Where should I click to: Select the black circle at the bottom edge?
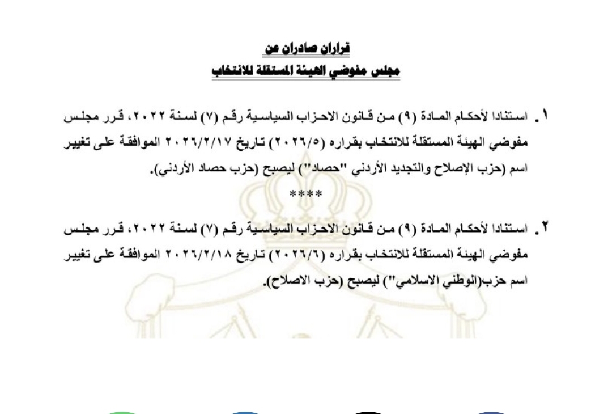point(368,413)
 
